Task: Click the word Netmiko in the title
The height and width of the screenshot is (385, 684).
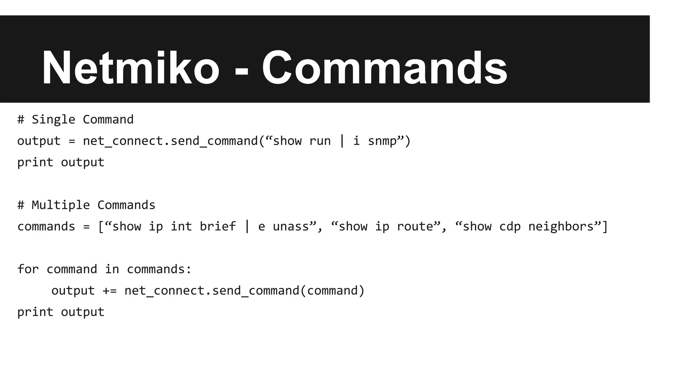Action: (x=130, y=68)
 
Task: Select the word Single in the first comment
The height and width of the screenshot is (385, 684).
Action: (x=53, y=120)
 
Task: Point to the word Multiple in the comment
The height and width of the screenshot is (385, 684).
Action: (x=61, y=205)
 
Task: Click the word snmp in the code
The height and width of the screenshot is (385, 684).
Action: (x=382, y=141)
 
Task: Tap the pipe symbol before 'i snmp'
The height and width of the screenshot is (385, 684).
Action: (x=342, y=141)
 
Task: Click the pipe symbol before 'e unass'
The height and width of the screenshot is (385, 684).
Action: (x=247, y=227)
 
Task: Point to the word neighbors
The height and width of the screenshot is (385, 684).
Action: (x=561, y=227)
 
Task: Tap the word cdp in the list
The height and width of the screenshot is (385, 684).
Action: (x=510, y=227)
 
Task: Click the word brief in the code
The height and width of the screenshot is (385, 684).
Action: (x=218, y=227)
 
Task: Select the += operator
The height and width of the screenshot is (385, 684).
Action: (x=110, y=291)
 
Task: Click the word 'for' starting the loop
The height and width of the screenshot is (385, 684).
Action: (x=28, y=269)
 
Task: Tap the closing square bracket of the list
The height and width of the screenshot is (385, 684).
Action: (x=605, y=227)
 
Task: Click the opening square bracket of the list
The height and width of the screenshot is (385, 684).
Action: (x=101, y=227)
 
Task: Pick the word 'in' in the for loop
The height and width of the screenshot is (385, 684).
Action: (x=112, y=269)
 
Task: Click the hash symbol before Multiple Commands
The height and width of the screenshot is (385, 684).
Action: (x=21, y=205)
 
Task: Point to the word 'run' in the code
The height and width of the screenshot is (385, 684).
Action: (x=320, y=141)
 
